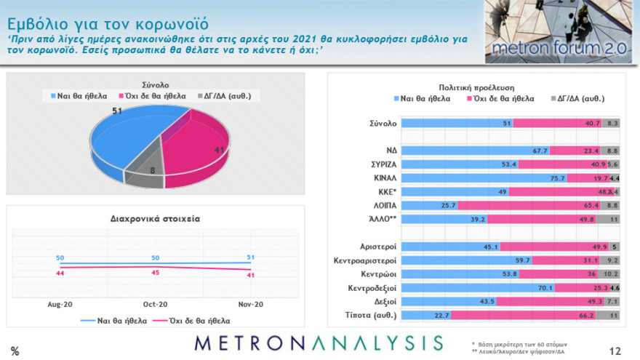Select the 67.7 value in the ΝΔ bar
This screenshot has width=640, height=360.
[539, 151]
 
